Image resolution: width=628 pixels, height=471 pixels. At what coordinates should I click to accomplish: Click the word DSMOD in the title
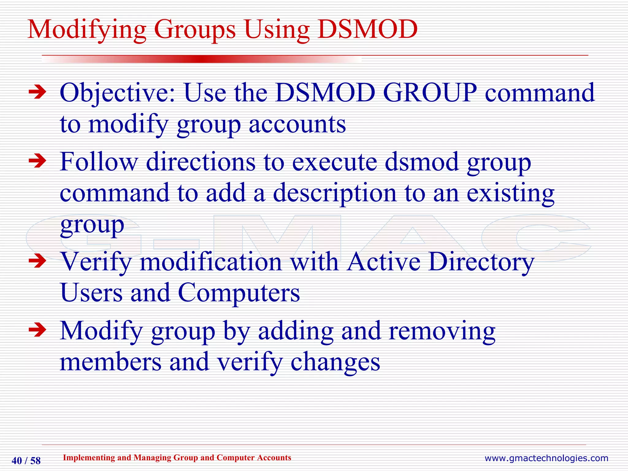(x=367, y=29)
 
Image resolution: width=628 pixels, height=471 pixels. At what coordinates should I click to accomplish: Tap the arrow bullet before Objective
(x=37, y=92)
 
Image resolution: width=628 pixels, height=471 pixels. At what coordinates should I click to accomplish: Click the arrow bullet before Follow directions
(x=37, y=161)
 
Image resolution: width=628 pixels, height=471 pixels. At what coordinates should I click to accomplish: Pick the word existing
(x=510, y=194)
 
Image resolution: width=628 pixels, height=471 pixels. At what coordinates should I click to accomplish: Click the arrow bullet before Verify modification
(x=37, y=261)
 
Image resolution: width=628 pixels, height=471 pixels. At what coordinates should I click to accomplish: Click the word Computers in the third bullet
(x=239, y=293)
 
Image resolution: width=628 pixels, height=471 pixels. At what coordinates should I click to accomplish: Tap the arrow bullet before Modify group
(x=37, y=330)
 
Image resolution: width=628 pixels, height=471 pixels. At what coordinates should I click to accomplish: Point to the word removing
(x=442, y=331)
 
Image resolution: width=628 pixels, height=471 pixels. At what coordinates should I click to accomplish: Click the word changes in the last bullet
(x=335, y=362)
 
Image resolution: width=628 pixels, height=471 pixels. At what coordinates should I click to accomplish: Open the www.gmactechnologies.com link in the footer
(x=546, y=458)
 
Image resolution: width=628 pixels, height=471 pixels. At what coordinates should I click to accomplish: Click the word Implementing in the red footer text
(x=89, y=458)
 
